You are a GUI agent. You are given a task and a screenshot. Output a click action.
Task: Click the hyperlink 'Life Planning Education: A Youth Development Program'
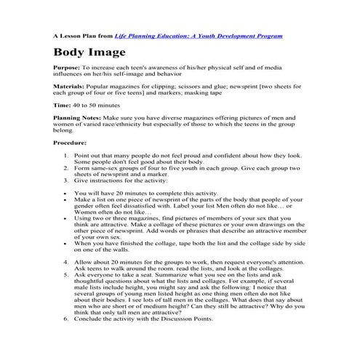click(199, 35)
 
